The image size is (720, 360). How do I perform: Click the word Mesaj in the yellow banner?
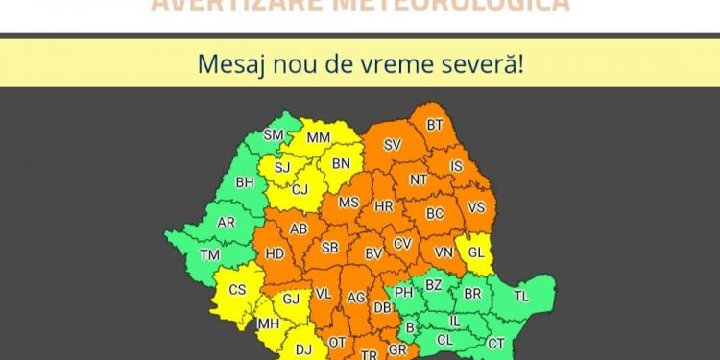228,64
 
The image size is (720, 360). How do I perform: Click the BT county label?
435,125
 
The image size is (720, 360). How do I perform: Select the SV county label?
392,145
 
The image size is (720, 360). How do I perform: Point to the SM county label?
274,135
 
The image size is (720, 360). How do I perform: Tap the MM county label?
318,138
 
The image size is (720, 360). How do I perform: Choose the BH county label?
245,181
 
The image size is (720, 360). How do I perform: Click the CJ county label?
300,189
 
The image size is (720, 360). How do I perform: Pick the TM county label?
209,254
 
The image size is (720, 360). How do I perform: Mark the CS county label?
238,290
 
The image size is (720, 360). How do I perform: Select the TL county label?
521,297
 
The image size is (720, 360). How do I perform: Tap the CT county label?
495,344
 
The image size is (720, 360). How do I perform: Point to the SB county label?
329,248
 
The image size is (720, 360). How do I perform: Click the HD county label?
275,254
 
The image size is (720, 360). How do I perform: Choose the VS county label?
476,207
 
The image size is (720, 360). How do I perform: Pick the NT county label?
419,180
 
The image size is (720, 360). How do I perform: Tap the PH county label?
404,292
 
